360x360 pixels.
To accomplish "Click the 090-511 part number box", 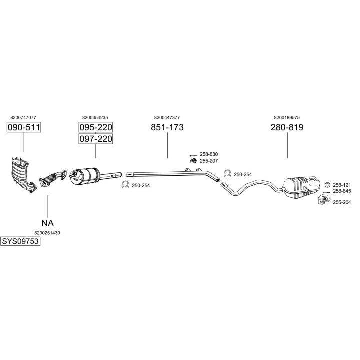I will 24,128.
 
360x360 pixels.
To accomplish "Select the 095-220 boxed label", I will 96,127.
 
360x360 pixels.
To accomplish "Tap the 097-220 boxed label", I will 96,139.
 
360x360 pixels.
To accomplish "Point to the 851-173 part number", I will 167,127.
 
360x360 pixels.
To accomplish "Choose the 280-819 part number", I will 287,127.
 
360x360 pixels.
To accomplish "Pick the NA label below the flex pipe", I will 47,223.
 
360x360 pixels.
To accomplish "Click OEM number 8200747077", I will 23,117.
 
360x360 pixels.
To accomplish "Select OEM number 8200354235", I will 95,117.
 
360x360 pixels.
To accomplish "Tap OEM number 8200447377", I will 167,117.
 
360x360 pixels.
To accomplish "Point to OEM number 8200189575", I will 287,117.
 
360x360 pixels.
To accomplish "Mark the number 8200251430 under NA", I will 47,233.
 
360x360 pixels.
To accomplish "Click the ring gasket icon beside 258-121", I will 327,184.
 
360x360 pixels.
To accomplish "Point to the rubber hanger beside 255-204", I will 322,201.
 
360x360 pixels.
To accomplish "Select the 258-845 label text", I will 342,191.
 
